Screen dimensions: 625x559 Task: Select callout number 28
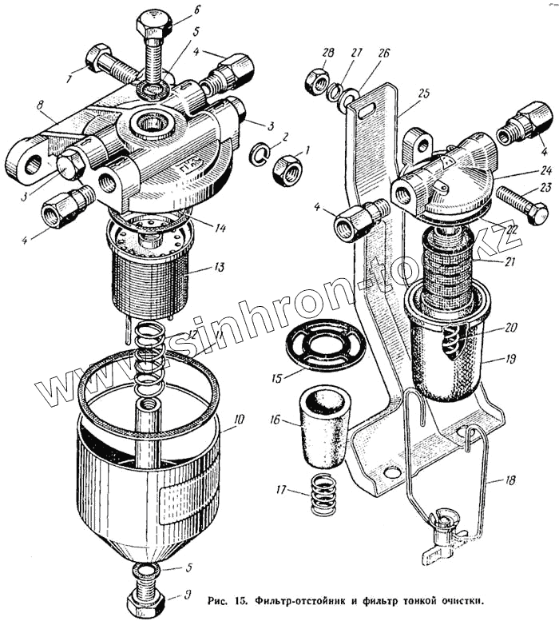[x=327, y=53]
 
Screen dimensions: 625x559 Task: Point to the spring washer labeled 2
[x=261, y=152]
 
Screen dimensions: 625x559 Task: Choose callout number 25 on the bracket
[x=423, y=94]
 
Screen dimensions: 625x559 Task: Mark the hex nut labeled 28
[x=312, y=81]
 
